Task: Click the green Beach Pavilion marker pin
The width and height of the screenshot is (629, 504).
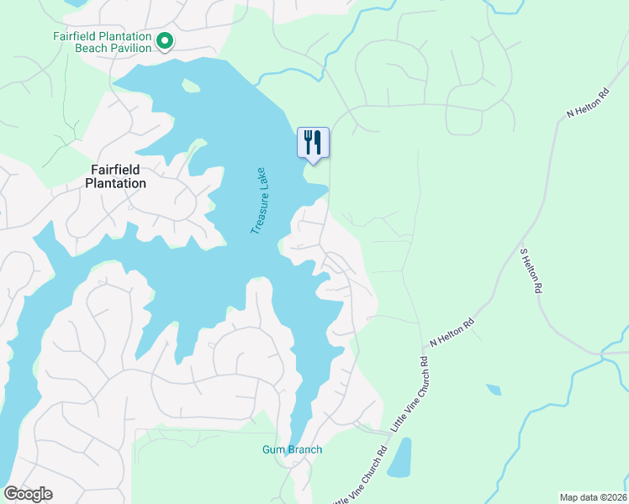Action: tap(166, 40)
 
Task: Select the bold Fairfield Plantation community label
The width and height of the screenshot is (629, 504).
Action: tap(116, 176)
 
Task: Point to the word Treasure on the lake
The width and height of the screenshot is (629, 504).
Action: tap(258, 212)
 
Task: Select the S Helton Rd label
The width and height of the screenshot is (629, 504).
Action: tap(528, 269)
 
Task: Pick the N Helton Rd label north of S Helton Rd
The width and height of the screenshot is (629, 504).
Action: tap(587, 102)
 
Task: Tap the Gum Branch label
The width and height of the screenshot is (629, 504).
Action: tap(292, 449)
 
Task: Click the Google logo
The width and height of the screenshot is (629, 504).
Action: tap(28, 494)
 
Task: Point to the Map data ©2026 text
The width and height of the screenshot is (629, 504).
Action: tap(593, 496)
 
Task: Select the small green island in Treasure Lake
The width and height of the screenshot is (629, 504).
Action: tap(191, 86)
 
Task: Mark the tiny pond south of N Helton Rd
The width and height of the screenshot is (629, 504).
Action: tap(493, 390)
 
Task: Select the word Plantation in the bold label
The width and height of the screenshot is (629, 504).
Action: tap(116, 183)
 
